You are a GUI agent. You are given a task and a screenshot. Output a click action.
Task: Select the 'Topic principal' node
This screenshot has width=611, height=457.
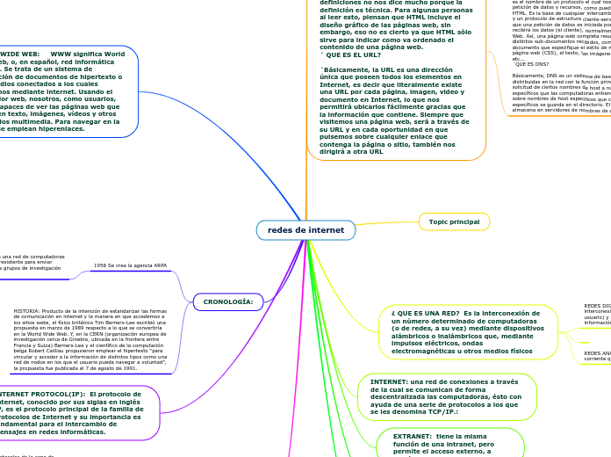pyautogui.click(x=454, y=222)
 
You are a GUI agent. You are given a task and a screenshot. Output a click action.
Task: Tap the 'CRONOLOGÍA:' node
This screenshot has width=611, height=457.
pyautogui.click(x=228, y=302)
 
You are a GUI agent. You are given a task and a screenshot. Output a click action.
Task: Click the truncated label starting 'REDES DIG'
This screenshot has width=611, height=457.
pyautogui.click(x=596, y=306)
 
